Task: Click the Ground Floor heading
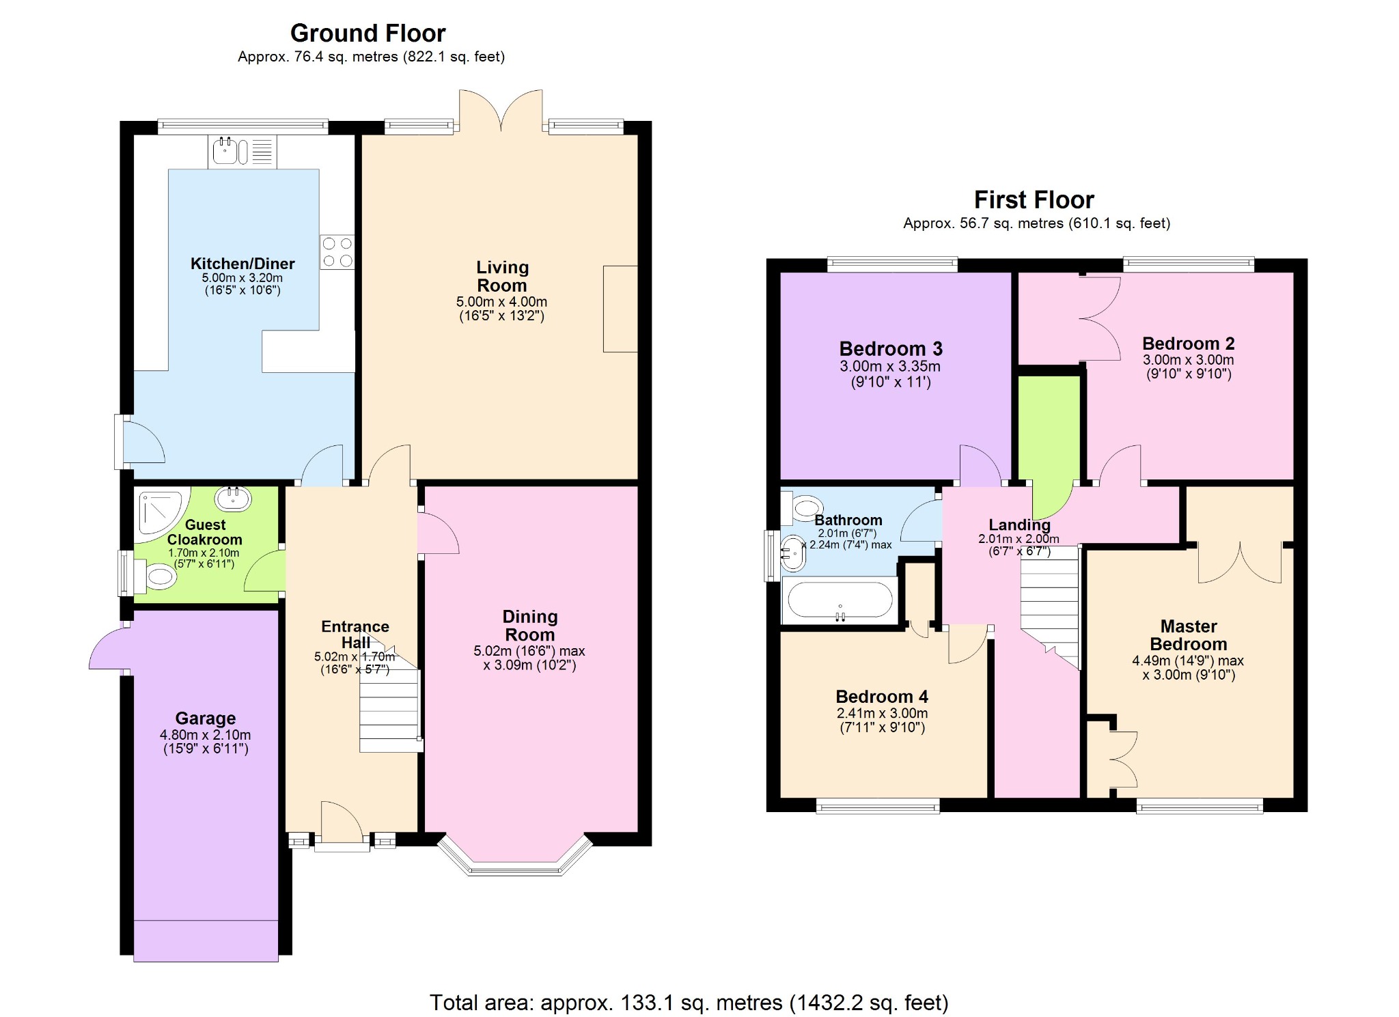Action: [368, 33]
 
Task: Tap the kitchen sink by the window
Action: [225, 151]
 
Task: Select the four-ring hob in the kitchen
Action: [337, 251]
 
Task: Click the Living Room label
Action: [502, 276]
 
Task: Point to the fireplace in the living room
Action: [620, 309]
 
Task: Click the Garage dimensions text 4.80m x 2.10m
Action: [205, 735]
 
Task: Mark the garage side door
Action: [109, 649]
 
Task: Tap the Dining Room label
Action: [529, 625]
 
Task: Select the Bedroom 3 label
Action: [891, 349]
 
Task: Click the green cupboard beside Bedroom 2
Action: [1049, 430]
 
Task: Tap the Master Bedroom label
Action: [1188, 635]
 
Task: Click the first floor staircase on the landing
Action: [1050, 601]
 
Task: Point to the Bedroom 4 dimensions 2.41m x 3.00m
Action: [882, 713]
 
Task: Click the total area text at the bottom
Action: [689, 1002]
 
